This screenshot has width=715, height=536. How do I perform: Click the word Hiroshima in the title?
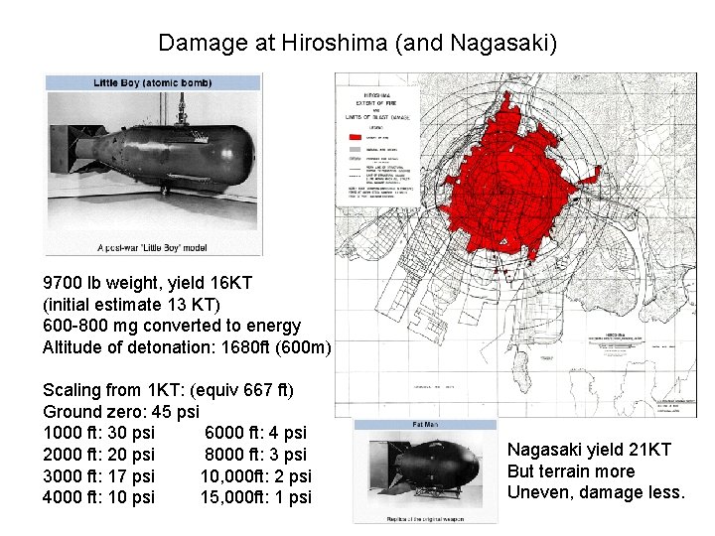click(333, 44)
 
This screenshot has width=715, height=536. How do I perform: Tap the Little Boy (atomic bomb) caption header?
click(152, 82)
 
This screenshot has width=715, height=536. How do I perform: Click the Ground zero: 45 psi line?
click(120, 411)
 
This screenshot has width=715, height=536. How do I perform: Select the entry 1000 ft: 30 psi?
click(98, 433)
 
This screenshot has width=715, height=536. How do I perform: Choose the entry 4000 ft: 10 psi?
click(98, 497)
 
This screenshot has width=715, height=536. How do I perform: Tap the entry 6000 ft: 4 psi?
click(255, 433)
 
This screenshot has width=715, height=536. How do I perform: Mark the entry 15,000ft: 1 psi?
click(255, 497)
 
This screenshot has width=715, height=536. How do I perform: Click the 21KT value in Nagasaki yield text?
click(649, 450)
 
